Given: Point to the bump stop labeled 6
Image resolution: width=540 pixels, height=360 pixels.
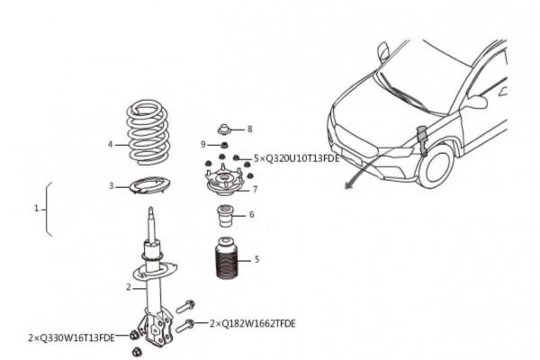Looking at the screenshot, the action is [225, 216].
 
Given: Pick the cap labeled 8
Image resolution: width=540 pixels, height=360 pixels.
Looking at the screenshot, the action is [224, 130].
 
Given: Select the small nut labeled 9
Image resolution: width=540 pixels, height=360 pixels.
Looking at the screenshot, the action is [223, 144].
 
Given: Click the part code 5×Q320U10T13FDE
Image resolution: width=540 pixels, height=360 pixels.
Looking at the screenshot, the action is [296, 158].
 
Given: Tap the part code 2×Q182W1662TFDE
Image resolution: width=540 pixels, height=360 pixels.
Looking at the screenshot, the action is [252, 323].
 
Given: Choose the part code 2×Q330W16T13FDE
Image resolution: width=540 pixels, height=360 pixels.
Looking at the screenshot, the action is [71, 337].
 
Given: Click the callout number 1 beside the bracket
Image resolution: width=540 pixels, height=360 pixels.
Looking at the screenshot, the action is [37, 208].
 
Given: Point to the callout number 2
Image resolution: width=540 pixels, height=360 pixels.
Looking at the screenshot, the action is [129, 287].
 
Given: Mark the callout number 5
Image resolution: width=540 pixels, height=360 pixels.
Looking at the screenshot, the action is [256, 259].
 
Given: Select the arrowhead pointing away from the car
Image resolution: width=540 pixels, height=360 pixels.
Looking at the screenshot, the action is [349, 185].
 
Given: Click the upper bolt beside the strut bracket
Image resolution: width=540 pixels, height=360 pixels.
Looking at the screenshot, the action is [185, 306].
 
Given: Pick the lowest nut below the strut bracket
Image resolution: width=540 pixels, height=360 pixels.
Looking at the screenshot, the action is [137, 352].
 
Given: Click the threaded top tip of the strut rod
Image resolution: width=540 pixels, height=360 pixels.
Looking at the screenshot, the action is [150, 211].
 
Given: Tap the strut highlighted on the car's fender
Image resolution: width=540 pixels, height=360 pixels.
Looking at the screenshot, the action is [422, 140].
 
